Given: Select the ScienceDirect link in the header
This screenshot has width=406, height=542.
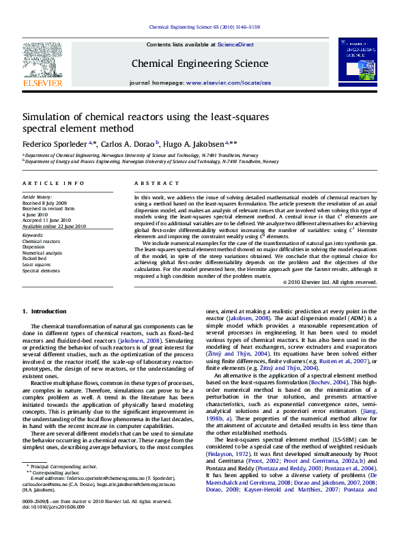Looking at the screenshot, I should tap(235, 44).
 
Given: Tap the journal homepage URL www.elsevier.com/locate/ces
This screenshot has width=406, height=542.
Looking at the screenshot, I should tap(228, 82).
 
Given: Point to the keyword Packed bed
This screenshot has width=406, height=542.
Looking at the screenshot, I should tap(35, 259).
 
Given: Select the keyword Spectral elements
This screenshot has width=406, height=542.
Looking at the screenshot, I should tap(41, 271).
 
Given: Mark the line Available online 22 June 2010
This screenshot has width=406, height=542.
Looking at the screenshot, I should tap(55, 226).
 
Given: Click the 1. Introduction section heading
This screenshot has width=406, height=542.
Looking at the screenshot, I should tap(44, 311).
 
